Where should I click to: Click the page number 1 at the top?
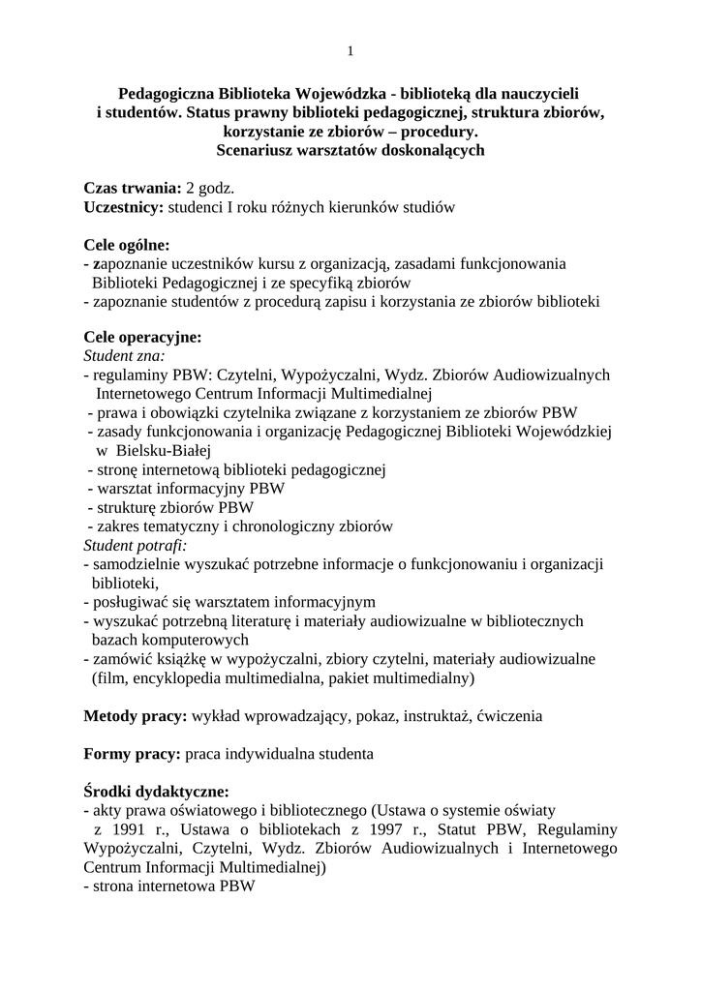(350, 50)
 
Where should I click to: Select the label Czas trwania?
(133, 188)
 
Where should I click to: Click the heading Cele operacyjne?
(142, 338)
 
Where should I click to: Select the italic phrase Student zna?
(124, 356)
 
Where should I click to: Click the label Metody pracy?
(136, 716)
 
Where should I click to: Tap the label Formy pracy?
(133, 752)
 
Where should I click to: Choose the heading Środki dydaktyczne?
(156, 790)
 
